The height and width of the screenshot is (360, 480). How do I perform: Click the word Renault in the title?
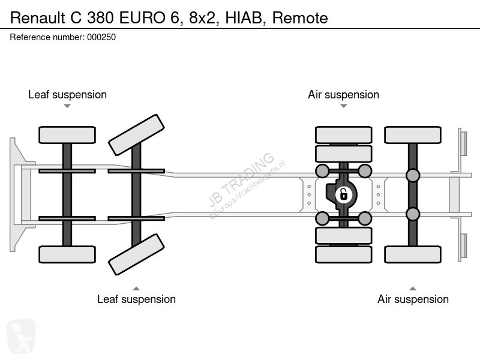coord(37,18)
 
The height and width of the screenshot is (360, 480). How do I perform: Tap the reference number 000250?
coord(101,37)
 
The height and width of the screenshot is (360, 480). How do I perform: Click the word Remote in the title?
coord(300,18)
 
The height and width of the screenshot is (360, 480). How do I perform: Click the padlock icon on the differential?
coord(343,194)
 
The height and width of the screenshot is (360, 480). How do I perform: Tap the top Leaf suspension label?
coord(67,95)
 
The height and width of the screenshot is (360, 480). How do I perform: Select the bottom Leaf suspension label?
coord(137,299)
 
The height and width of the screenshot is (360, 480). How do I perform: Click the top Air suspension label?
coord(343,95)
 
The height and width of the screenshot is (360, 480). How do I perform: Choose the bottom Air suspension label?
coord(413,299)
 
